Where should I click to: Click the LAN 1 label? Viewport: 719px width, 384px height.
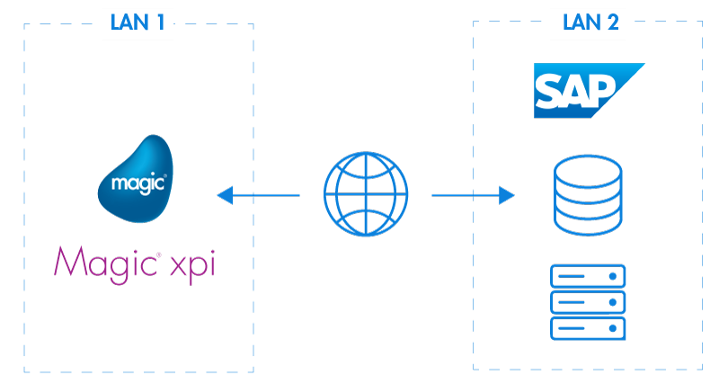(138, 23)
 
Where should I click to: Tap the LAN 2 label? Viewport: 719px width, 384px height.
(589, 23)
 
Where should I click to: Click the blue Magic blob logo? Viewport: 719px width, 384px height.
(136, 179)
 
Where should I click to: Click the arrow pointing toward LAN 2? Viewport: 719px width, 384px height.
(473, 194)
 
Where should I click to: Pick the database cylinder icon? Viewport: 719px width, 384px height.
(588, 194)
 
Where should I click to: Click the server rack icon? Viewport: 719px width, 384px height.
(588, 302)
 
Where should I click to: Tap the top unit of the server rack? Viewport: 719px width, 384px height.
(588, 276)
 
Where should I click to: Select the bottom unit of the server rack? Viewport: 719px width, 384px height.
(588, 328)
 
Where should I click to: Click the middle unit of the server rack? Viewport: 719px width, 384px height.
(588, 302)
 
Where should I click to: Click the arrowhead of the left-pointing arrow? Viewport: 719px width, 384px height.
(225, 194)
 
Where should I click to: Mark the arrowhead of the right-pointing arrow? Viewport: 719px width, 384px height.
(507, 194)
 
